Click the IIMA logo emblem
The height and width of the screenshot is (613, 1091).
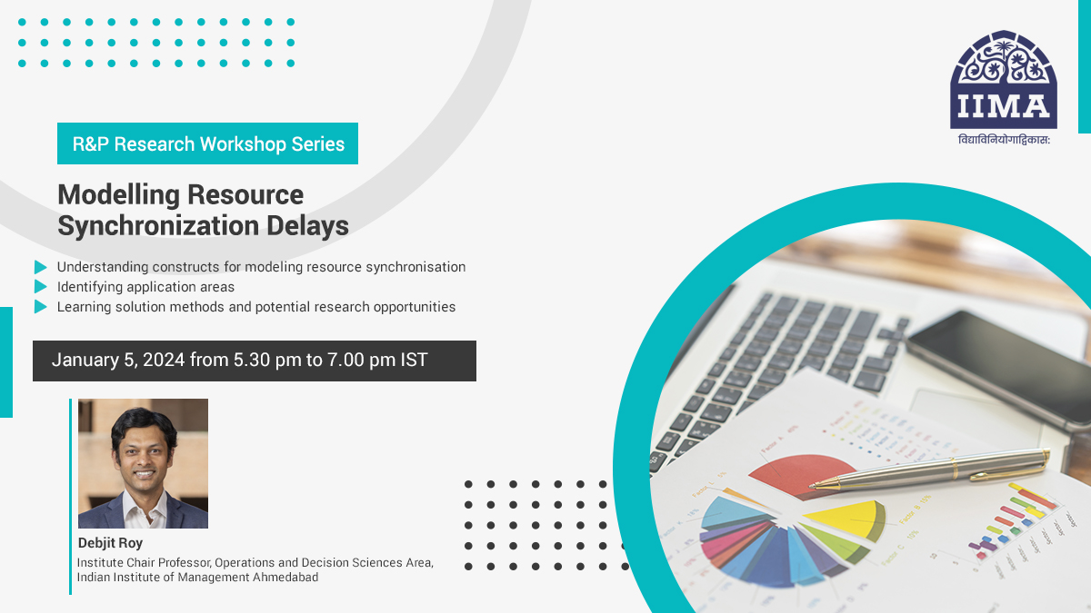(x=1004, y=80)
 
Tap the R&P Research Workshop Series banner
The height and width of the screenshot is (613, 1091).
(x=207, y=143)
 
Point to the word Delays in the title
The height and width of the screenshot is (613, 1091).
(x=315, y=225)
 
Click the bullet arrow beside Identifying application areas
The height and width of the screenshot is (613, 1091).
(x=40, y=287)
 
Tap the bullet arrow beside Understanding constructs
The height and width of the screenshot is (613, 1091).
(x=40, y=267)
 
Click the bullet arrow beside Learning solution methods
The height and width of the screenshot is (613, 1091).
(x=40, y=307)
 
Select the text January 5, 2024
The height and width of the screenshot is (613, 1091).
(x=118, y=361)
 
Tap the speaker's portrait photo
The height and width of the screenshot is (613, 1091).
(x=143, y=463)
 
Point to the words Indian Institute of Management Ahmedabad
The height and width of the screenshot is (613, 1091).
(x=197, y=577)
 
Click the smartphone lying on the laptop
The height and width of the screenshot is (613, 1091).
(x=996, y=363)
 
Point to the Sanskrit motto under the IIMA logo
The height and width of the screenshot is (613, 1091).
(x=1004, y=140)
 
